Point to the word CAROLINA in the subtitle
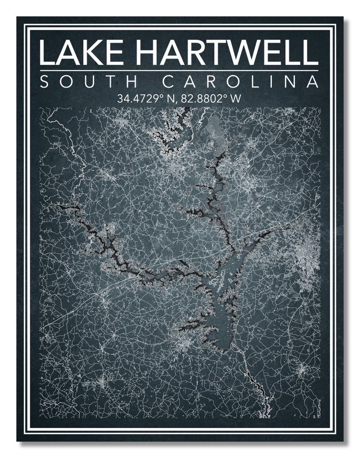click(240, 82)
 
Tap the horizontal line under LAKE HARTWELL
click(179, 71)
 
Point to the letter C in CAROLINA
click(168, 82)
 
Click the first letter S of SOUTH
click(45, 82)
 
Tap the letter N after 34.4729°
click(169, 98)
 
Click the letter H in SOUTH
click(131, 82)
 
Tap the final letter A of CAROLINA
click(311, 82)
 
